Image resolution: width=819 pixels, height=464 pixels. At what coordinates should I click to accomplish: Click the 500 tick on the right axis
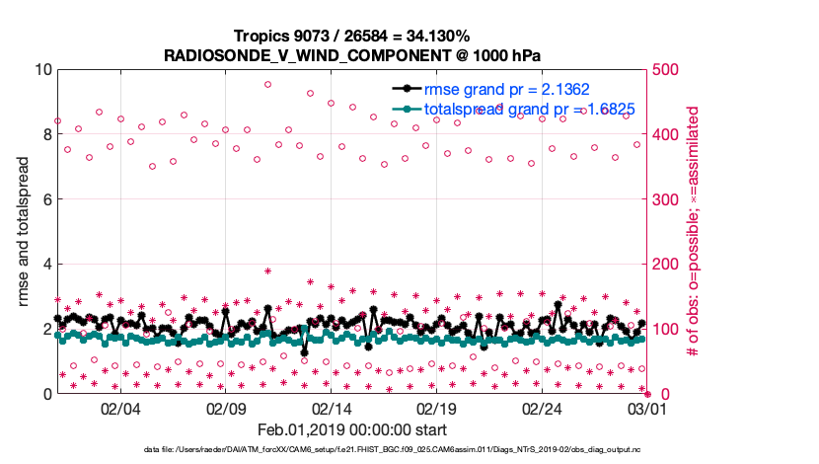coord(665,70)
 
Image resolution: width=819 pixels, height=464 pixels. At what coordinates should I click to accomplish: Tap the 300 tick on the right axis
coord(665,199)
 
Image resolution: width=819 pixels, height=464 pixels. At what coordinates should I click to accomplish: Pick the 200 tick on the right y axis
coord(665,265)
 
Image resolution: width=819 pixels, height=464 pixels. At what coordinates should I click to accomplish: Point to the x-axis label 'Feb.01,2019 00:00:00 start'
coord(352,430)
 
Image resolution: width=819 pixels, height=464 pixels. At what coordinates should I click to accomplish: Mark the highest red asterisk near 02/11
coord(267,271)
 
